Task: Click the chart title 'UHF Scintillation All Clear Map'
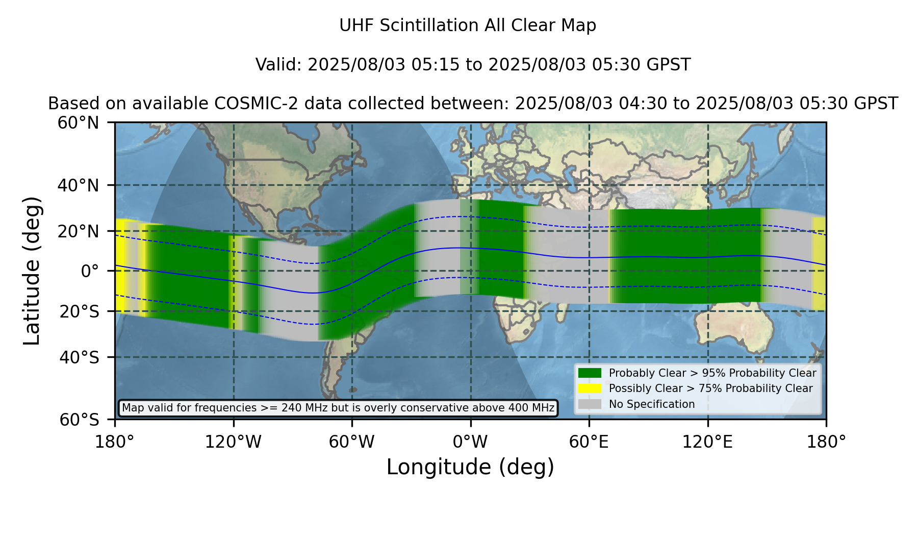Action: tap(468, 26)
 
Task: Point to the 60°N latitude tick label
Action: tap(78, 123)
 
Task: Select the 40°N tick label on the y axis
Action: tap(78, 185)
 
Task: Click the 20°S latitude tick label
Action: tap(79, 311)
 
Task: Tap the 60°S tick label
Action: tap(79, 420)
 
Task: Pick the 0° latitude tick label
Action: tap(90, 271)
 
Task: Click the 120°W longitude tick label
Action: tap(233, 442)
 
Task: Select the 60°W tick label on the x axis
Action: tap(352, 442)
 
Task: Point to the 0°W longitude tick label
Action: tap(470, 442)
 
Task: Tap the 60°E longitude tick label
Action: tap(589, 442)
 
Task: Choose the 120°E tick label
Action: tap(707, 442)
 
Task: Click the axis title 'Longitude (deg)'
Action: tap(470, 467)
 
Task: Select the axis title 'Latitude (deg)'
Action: tap(32, 271)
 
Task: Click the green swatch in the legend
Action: tap(590, 373)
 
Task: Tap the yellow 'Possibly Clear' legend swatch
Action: tap(590, 388)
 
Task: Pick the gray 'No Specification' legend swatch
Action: tap(590, 404)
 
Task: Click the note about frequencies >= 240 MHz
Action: tap(338, 408)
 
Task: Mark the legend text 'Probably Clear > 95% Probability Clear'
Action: tap(712, 373)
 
